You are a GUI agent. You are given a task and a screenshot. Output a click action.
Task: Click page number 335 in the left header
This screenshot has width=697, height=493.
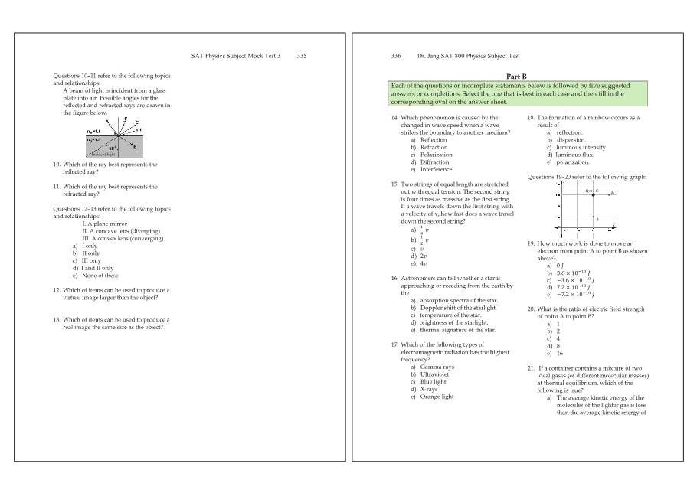301,56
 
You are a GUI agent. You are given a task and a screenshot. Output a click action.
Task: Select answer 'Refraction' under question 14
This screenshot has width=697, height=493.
434,148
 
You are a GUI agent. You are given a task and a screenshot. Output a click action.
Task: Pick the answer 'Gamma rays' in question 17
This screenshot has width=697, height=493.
437,367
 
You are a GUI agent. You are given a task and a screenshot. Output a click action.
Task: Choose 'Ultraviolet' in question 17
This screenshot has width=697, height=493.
436,375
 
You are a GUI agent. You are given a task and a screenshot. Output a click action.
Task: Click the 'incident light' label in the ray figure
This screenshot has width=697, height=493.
103,154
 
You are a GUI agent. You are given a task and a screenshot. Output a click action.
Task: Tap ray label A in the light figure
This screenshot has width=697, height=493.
107,122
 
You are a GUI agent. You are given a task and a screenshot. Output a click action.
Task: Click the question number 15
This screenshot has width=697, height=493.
394,184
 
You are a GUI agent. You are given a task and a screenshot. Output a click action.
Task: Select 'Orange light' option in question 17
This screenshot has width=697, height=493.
437,397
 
